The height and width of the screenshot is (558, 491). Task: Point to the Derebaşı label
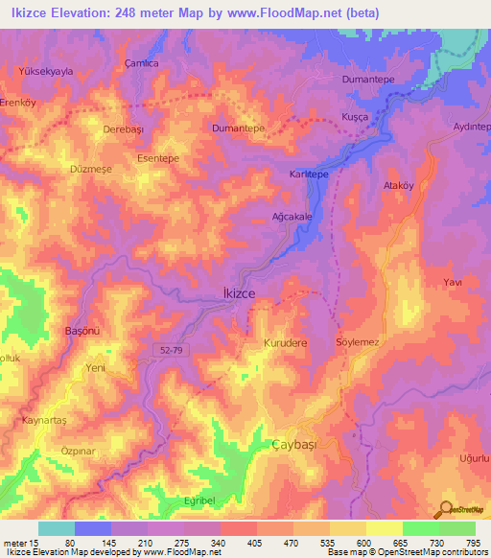pos(123,127)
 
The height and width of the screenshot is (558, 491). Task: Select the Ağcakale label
pos(292,218)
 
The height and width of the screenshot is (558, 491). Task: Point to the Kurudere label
pos(285,342)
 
